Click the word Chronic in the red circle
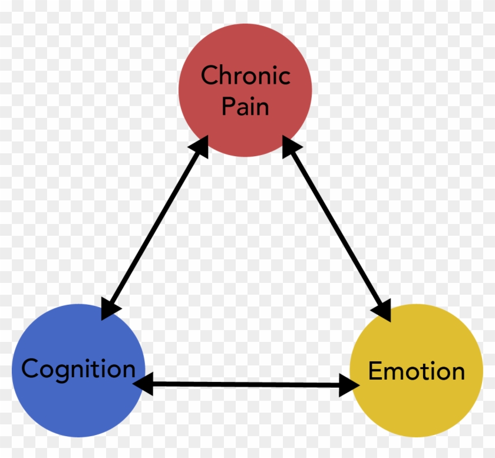(x=245, y=75)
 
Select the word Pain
(x=245, y=107)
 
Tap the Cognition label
(x=78, y=369)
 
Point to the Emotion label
(x=416, y=371)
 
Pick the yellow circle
(x=416, y=407)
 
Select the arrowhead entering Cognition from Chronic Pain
(x=110, y=308)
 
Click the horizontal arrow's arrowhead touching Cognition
(x=143, y=384)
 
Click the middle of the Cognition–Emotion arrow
(x=246, y=385)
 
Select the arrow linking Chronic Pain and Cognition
(x=156, y=227)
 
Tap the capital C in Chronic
(x=210, y=75)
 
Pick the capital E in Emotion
(x=374, y=371)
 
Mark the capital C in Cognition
(x=31, y=369)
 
